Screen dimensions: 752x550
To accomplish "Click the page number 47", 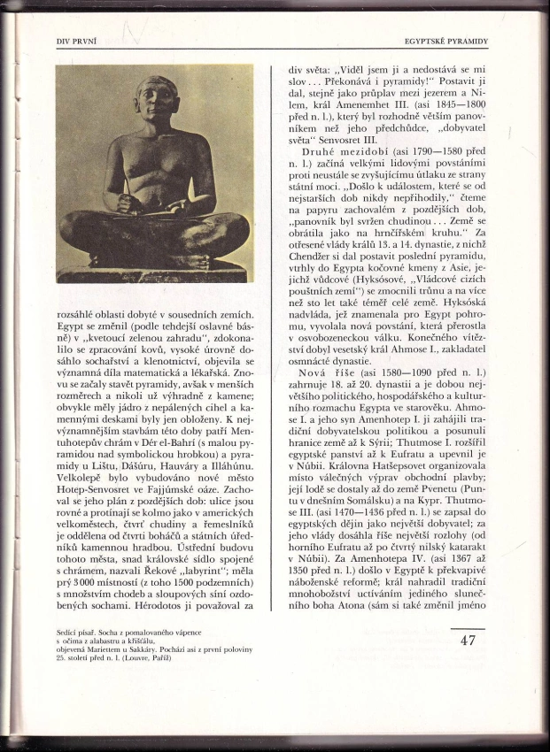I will pos(469,640).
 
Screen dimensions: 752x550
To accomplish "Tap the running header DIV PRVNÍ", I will pos(75,41).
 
